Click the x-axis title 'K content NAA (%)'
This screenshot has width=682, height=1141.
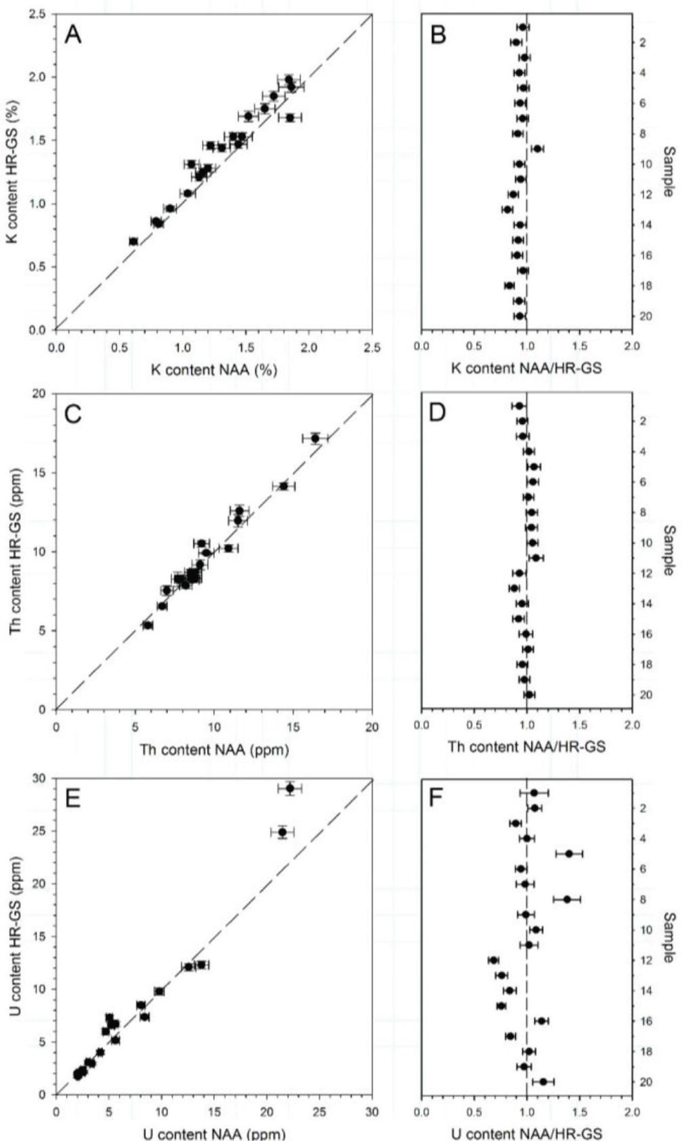click(x=214, y=370)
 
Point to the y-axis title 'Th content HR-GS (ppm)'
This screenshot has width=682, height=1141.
click(x=15, y=551)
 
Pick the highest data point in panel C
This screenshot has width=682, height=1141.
click(x=315, y=438)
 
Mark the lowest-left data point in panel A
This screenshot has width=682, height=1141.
click(x=133, y=241)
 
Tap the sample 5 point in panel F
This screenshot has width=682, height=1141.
click(x=569, y=853)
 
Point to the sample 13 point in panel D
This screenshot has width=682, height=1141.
click(x=514, y=588)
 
